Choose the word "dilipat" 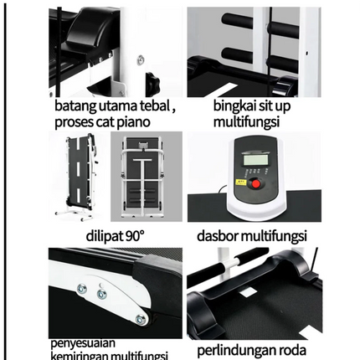click(106, 234)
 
